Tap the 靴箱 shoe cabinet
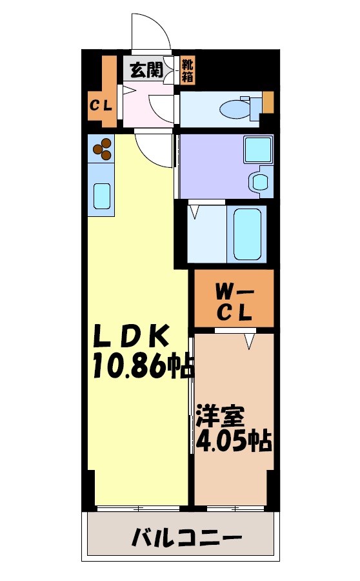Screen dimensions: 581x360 [x=186, y=70]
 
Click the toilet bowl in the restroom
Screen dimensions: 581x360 [x=236, y=108]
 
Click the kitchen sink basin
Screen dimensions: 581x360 [x=102, y=195]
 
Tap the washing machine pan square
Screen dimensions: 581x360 [x=257, y=151]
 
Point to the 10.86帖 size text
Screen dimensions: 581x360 [x=143, y=366]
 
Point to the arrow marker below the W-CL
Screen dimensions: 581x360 [x=250, y=340]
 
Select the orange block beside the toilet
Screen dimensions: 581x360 [x=268, y=101]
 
